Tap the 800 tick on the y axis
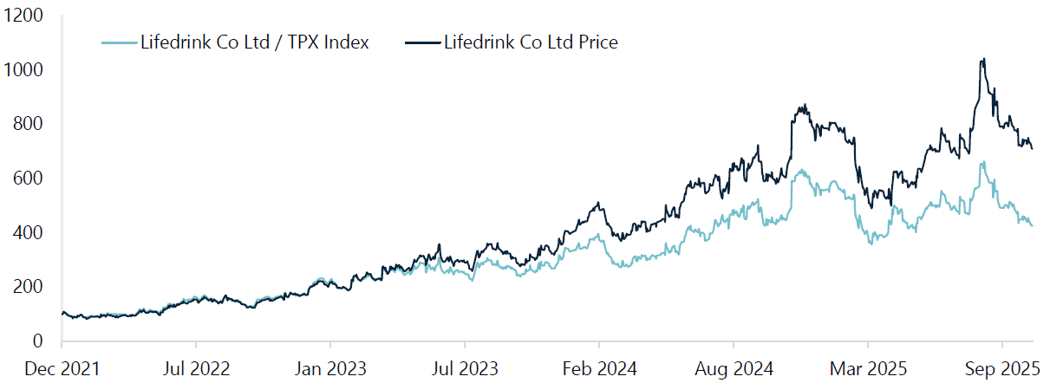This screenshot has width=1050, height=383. click(x=28, y=124)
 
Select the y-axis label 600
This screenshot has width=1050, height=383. click(x=28, y=179)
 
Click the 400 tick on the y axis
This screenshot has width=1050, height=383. click(x=28, y=232)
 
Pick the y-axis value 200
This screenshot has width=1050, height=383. click(x=28, y=287)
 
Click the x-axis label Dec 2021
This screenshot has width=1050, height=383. click(x=62, y=368)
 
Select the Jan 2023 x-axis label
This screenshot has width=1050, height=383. click(x=330, y=368)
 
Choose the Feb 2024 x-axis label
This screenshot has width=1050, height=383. click(x=599, y=368)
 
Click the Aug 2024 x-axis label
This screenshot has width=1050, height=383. click(x=734, y=368)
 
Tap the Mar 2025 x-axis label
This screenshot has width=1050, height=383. click(x=868, y=368)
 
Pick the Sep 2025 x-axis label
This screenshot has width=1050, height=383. click(x=1002, y=368)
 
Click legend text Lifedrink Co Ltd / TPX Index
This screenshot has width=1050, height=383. click(x=255, y=42)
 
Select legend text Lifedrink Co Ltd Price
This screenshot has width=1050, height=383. click(x=531, y=42)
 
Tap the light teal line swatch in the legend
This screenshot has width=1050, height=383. click(x=119, y=42)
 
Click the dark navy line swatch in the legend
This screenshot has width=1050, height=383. click(x=421, y=42)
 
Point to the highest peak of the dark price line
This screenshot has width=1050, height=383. click(x=982, y=59)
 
